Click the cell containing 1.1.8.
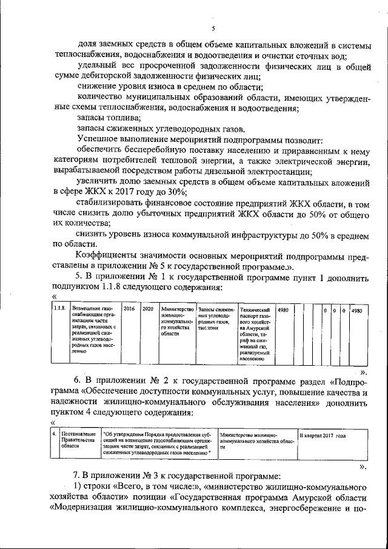59,309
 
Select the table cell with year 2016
129,309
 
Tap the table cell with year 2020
147,309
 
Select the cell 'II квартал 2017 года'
322,436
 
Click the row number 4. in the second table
54,435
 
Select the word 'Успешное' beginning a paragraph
100,139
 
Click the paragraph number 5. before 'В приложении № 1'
78,277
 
